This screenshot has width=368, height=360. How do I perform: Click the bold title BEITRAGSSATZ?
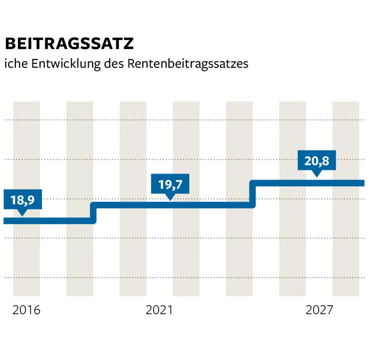click(x=69, y=44)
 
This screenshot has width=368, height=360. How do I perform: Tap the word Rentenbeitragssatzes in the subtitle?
click(x=188, y=64)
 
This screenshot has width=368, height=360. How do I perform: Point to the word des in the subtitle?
click(x=114, y=64)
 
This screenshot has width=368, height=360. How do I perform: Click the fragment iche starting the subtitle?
click(x=16, y=64)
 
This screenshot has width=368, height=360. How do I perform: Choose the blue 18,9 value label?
click(x=22, y=200)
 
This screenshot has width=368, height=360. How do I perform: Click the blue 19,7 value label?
click(x=170, y=184)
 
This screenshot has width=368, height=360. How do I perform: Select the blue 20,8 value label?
click(x=316, y=161)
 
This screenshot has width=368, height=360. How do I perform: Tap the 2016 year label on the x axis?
click(x=26, y=310)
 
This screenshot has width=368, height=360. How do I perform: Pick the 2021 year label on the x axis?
click(x=160, y=310)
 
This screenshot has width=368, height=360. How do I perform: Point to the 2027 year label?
click(x=319, y=310)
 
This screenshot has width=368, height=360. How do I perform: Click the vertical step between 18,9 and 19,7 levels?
click(x=93, y=213)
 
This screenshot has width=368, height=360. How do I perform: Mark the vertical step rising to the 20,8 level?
click(x=252, y=194)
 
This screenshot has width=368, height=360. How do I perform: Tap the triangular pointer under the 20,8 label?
click(x=317, y=173)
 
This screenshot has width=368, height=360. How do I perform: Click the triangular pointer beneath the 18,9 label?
click(x=22, y=213)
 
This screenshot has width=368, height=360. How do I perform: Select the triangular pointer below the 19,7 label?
click(x=170, y=197)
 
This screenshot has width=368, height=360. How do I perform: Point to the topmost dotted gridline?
click(x=183, y=120)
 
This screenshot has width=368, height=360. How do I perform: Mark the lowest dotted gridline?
click(x=183, y=277)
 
